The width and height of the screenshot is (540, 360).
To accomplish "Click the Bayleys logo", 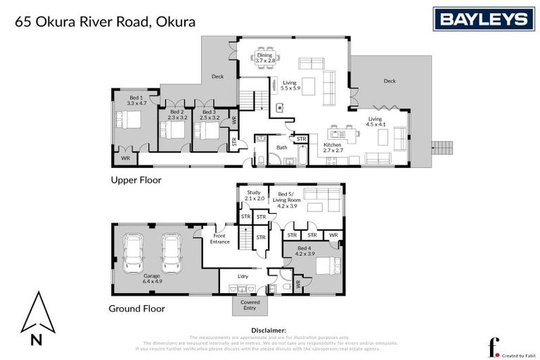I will (x=483, y=19).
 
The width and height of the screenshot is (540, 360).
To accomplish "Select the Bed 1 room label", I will (x=135, y=101).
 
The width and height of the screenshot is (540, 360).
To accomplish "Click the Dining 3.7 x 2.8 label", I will (x=264, y=58).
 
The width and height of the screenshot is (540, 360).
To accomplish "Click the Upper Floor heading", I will (x=136, y=180).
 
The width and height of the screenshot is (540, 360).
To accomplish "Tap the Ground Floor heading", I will (x=136, y=309).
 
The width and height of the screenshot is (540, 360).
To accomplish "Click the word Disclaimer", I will (x=269, y=330).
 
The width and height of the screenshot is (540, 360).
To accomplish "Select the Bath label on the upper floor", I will (x=282, y=148).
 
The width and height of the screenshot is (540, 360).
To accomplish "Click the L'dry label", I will (x=243, y=276).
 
